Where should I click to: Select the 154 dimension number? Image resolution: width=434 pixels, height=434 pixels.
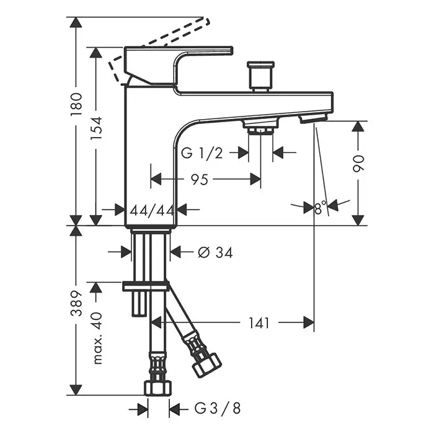[97, 129]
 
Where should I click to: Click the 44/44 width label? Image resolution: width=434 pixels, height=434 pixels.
[151, 210]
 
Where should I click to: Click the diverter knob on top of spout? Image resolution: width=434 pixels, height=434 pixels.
[260, 74]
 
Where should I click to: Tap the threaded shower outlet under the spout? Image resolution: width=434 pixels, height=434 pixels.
[260, 128]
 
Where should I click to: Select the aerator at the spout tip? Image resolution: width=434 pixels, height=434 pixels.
[313, 117]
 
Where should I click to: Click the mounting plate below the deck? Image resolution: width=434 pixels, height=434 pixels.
[146, 286]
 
